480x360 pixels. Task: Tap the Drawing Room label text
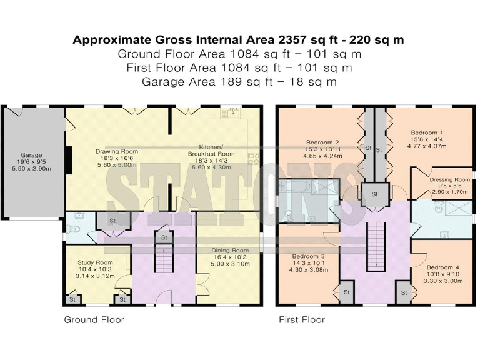(116, 151)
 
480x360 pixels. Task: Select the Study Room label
(95, 262)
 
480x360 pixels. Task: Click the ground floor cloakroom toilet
(73, 229)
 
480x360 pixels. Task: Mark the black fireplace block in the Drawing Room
(69, 160)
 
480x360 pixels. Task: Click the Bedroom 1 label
(427, 132)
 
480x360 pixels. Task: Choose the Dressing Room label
(449, 179)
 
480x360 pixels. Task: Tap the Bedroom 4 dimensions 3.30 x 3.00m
(444, 281)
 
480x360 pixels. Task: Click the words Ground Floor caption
(94, 320)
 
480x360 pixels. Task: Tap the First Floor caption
(301, 320)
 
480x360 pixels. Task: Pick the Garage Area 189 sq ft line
(239, 81)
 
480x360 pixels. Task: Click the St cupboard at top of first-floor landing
(375, 194)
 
